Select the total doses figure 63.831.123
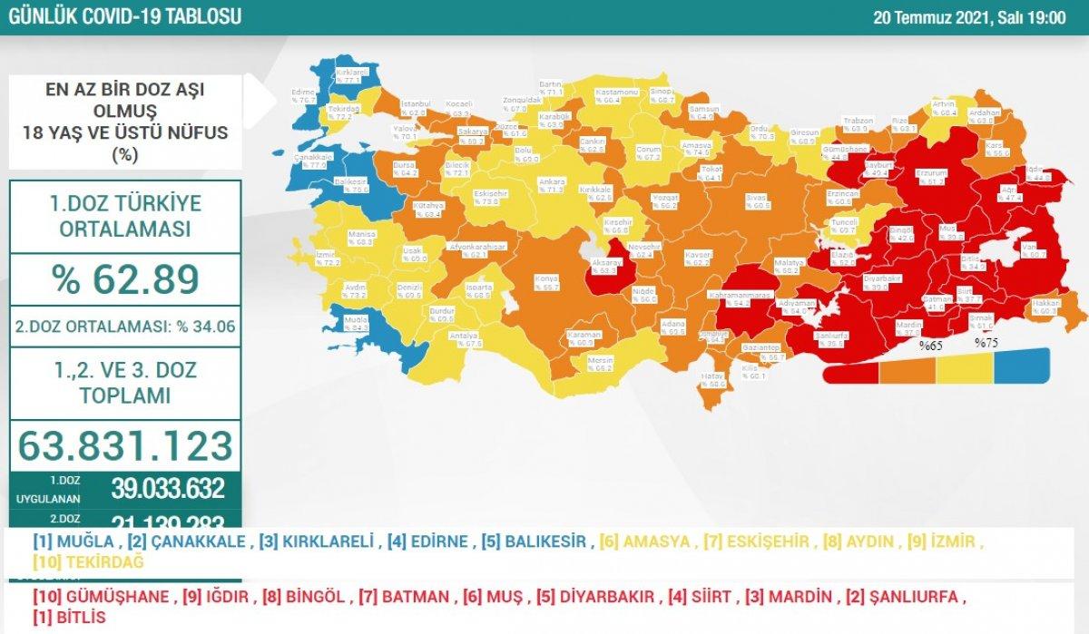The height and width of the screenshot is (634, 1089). point(125,445)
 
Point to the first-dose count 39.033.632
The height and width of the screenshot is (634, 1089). point(167,489)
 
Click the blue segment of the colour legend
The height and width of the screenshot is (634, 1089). point(1022,366)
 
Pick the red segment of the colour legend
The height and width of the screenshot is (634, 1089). point(851,372)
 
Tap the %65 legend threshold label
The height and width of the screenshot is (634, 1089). point(931,346)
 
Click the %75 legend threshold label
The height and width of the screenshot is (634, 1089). point(986,343)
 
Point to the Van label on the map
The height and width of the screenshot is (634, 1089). point(1027,249)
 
